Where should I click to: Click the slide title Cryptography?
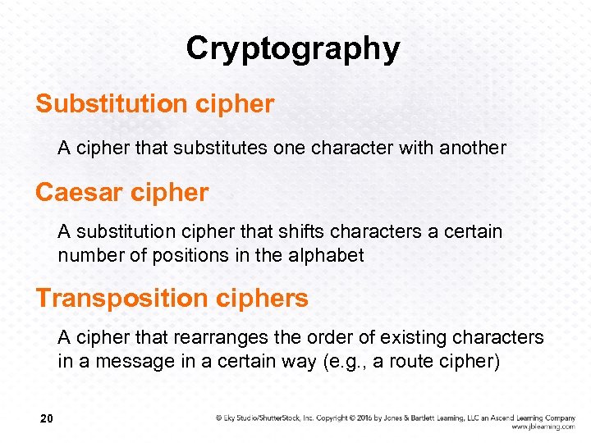[x=293, y=49]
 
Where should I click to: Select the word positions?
[x=187, y=255]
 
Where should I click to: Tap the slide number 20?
[x=47, y=420]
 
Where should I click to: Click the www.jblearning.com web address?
[x=543, y=427]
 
